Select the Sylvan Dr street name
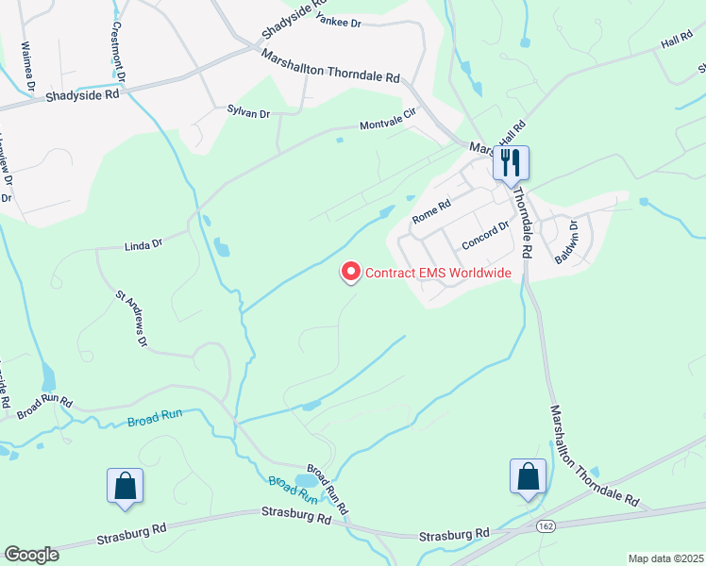point(248,113)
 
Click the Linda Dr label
point(143,244)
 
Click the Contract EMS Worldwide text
point(438,274)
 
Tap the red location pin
point(350,272)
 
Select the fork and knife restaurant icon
point(511,163)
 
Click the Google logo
point(31,554)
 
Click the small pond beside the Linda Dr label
point(222,249)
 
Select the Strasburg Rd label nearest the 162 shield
point(456,534)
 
